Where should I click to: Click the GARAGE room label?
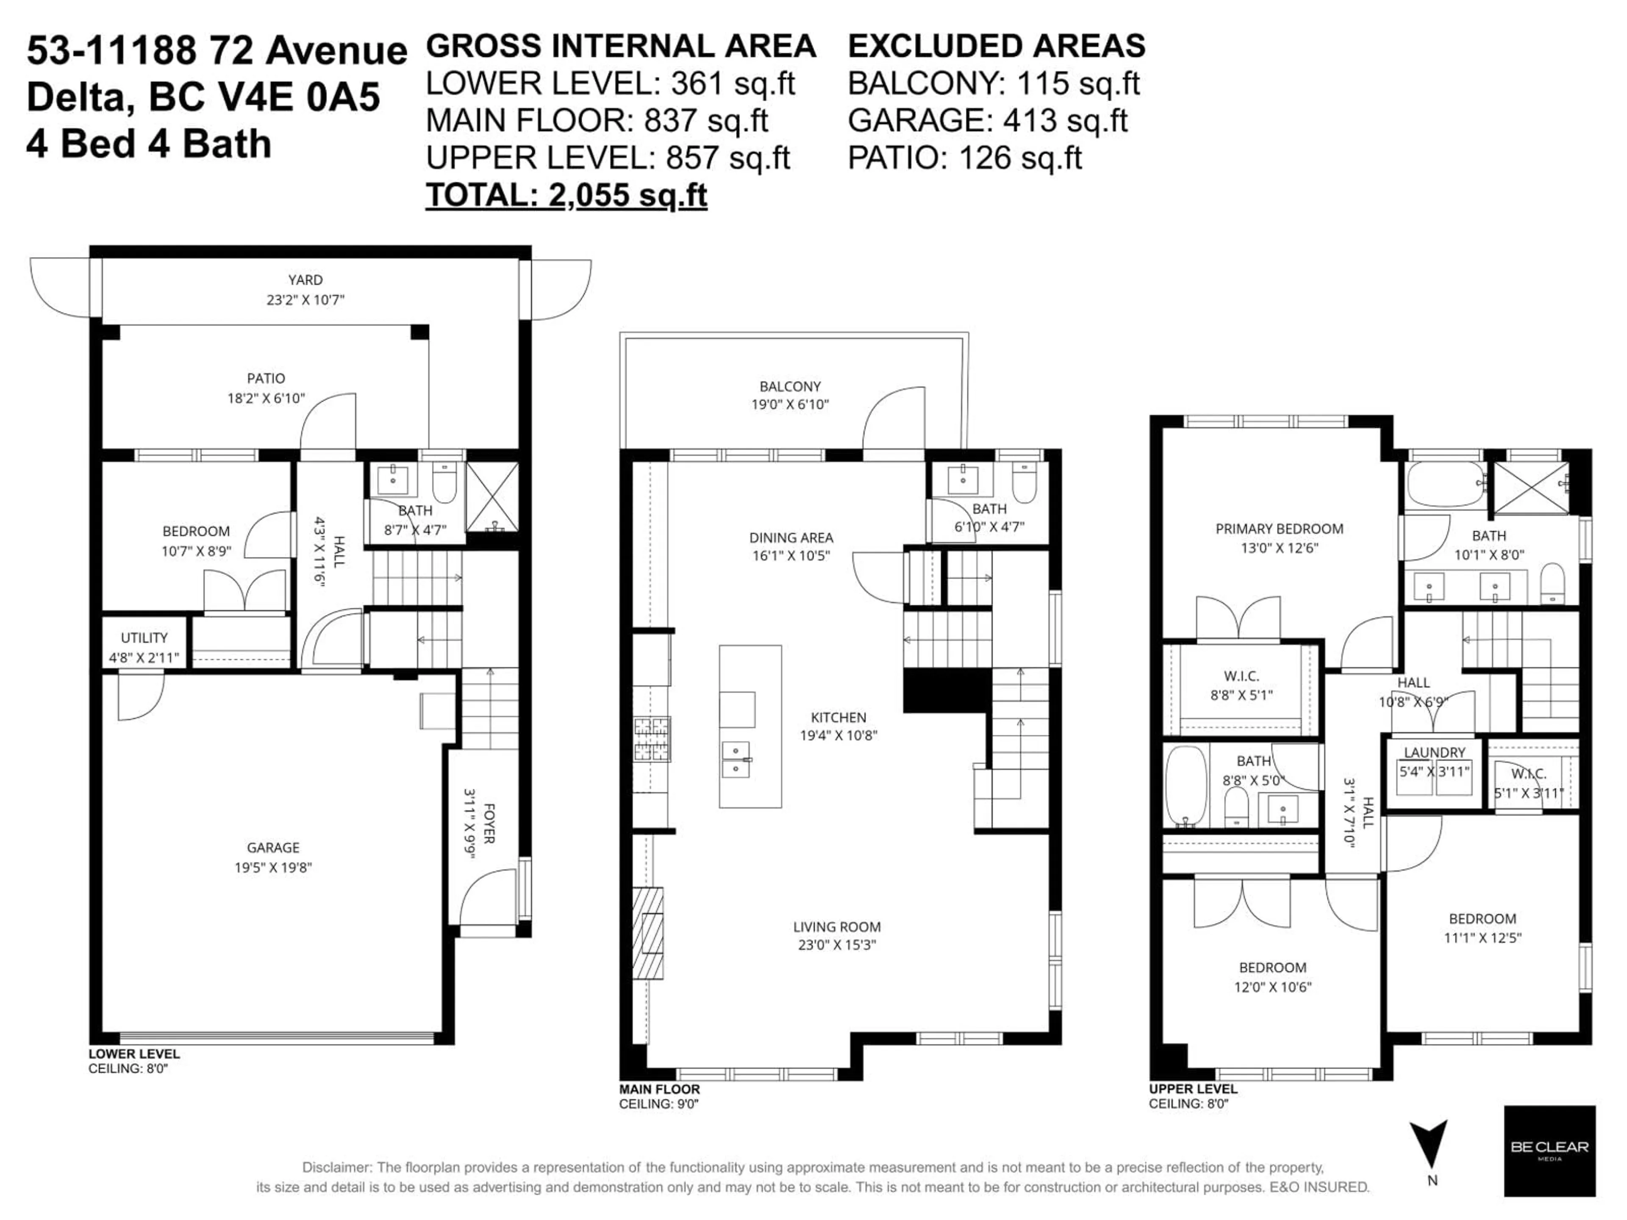click(273, 847)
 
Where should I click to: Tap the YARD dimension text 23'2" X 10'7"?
click(305, 300)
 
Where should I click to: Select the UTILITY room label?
click(144, 638)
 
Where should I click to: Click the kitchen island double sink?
click(736, 760)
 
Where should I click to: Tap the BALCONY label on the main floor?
click(790, 386)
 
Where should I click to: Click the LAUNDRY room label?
click(1434, 752)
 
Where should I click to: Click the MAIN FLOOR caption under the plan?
click(659, 1089)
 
